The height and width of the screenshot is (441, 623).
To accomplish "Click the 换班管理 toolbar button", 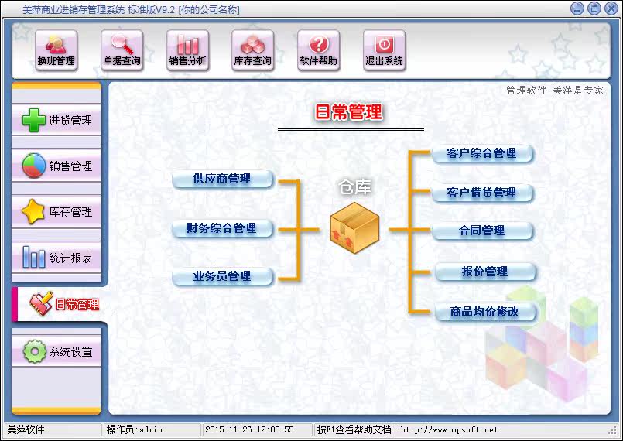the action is coord(56,51).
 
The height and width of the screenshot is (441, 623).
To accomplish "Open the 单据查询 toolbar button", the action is coord(122,51).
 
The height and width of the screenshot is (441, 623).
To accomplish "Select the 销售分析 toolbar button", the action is coord(187,51).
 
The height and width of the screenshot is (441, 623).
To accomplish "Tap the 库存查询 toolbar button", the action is coord(253,51).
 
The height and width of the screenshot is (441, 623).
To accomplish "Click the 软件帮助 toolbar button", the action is coord(319,51).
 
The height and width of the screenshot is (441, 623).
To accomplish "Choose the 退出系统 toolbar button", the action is coord(384,51).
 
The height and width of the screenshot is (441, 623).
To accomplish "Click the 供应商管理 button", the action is coord(223,179).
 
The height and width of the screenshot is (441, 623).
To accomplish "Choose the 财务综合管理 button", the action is coord(223,229).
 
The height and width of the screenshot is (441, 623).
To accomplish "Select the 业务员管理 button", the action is coord(223,276).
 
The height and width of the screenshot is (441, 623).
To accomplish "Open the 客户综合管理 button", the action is coord(482,153).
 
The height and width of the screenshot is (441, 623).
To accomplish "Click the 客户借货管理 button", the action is coord(482,193).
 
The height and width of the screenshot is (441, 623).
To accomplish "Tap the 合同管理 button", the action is coord(482,231).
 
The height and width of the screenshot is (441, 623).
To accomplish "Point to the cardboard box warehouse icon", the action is coord(354,227).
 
